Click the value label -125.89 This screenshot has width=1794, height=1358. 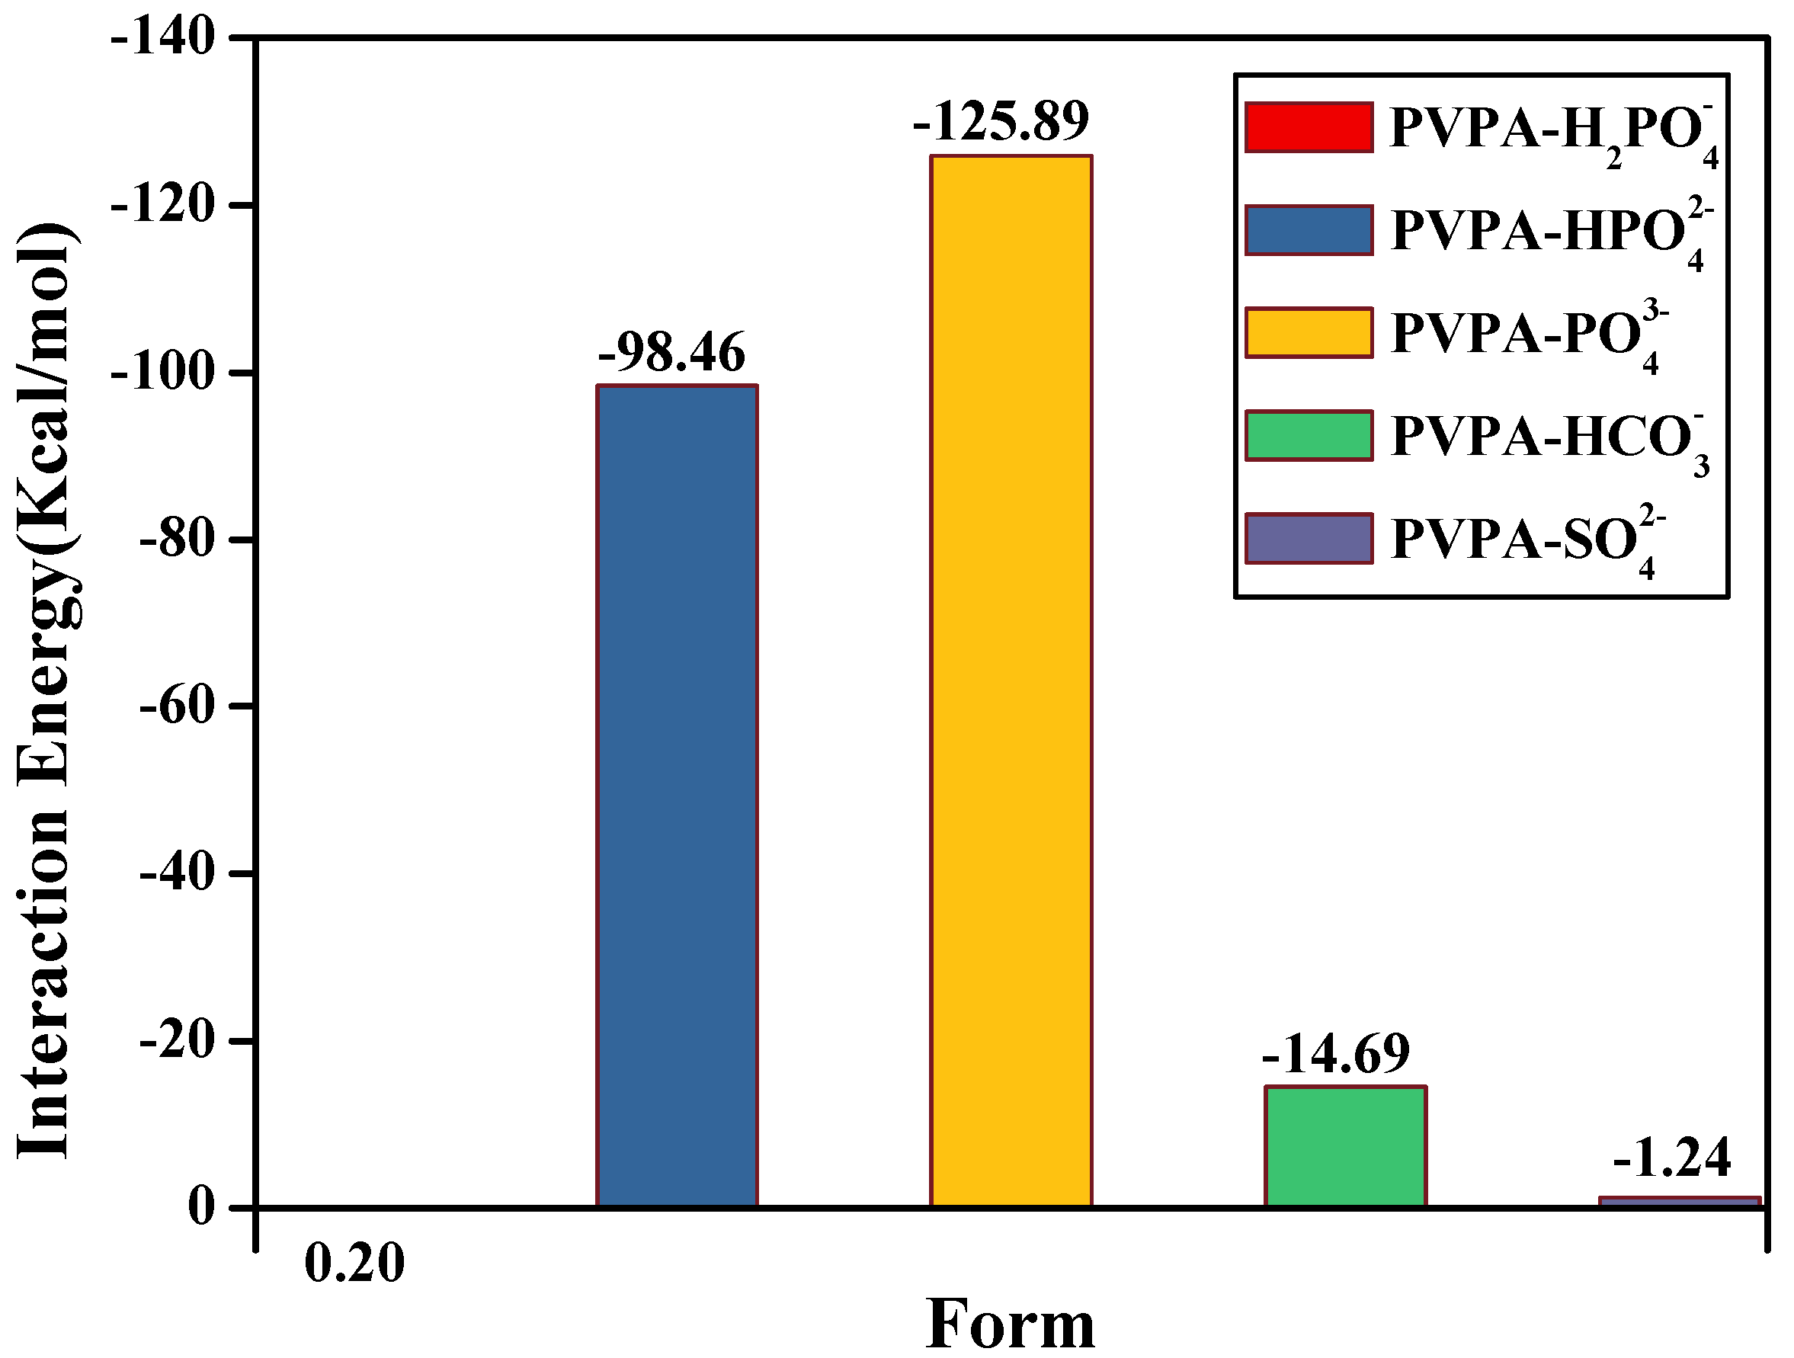pyautogui.click(x=1001, y=122)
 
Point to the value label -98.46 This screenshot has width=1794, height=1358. pyautogui.click(x=671, y=353)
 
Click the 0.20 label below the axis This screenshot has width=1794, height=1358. pyautogui.click(x=354, y=1265)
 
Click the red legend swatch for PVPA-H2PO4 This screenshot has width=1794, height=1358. pyautogui.click(x=1309, y=127)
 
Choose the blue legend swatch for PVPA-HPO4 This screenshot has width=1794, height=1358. pyautogui.click(x=1309, y=230)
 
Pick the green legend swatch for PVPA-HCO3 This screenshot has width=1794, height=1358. pyautogui.click(x=1309, y=436)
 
